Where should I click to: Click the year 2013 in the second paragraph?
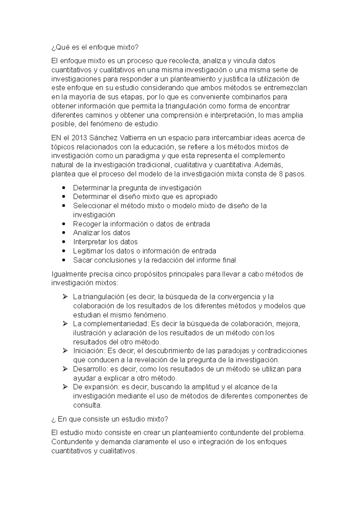(79, 138)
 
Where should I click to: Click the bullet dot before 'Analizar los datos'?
(63, 233)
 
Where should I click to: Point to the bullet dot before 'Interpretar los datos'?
(63, 242)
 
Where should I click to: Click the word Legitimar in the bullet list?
(88, 251)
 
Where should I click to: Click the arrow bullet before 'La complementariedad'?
(65, 324)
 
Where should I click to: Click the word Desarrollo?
(90, 369)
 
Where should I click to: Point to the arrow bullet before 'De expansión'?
(65, 387)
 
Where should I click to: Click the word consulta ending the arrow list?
(87, 405)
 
